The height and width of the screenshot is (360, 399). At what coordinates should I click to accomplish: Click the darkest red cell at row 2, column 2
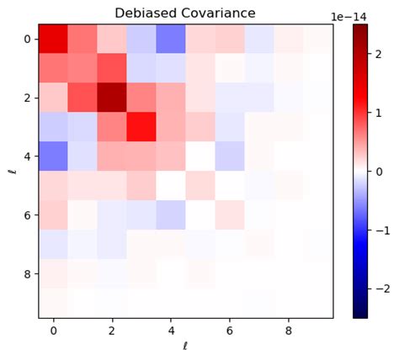[x=112, y=98]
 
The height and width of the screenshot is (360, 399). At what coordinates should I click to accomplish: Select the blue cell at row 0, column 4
[x=171, y=39]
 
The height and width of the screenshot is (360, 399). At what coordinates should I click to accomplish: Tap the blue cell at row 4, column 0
[x=53, y=156]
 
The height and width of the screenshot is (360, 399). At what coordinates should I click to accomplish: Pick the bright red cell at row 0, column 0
[x=53, y=39]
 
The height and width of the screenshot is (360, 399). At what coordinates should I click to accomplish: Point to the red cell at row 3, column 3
[x=141, y=127]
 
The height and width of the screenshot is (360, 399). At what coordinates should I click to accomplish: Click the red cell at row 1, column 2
[x=112, y=68]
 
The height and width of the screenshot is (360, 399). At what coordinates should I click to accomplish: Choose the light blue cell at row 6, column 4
[x=171, y=215]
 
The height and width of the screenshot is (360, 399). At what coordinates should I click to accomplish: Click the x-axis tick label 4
[x=171, y=330]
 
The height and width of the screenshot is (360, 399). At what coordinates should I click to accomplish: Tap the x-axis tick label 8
[x=289, y=330]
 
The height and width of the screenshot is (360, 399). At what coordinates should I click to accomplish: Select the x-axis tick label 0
[x=53, y=330]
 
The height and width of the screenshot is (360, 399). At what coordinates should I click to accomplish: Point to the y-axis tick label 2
[x=29, y=98]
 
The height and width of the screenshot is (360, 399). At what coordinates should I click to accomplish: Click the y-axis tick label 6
[x=29, y=216]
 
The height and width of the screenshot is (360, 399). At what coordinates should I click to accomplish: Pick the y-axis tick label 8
[x=29, y=275]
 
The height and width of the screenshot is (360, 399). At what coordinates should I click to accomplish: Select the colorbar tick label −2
[x=384, y=289]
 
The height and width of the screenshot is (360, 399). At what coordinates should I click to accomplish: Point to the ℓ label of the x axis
[x=185, y=347]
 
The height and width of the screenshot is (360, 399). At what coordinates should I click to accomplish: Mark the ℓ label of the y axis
[x=11, y=171]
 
